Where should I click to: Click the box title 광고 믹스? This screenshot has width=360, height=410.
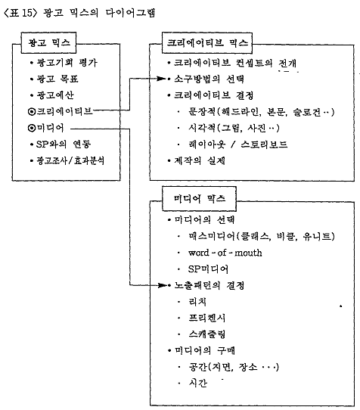[49, 42]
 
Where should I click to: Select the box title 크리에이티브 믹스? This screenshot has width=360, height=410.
[207, 42]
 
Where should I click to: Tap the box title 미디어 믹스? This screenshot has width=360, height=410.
[199, 198]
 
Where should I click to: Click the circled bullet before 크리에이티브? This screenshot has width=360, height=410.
[31, 112]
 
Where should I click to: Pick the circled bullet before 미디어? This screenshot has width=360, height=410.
[31, 128]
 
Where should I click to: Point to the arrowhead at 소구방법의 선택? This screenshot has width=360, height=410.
[161, 79]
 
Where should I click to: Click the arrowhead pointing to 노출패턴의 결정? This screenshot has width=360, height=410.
[162, 285]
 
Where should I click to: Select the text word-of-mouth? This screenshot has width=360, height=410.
[225, 253]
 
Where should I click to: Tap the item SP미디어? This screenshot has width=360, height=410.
[208, 269]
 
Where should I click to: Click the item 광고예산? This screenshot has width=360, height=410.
[55, 95]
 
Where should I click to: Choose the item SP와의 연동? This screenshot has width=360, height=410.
[64, 144]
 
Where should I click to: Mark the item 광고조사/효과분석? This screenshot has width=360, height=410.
[70, 160]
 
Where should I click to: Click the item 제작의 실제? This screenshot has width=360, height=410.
[200, 160]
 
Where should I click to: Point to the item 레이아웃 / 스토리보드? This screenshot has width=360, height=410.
[238, 144]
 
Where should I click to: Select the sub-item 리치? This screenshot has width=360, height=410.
[197, 302]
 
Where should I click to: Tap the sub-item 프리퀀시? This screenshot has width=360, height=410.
[206, 318]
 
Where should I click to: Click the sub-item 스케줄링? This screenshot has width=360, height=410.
[206, 334]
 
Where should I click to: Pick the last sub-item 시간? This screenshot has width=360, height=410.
[197, 383]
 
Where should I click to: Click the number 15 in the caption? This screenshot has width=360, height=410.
[26, 13]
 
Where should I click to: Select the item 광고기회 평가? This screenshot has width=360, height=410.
[67, 63]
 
